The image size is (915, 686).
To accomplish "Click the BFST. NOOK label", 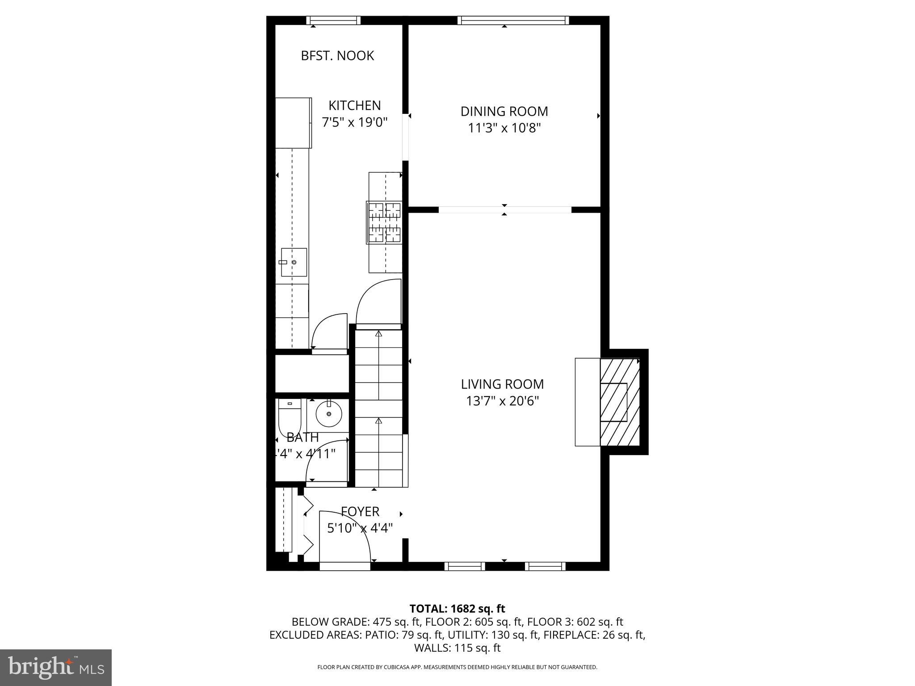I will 337,56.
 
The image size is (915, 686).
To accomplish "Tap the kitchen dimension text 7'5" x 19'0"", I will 355,122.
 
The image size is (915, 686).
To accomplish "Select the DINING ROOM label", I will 504,111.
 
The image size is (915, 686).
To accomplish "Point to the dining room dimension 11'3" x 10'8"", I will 504,128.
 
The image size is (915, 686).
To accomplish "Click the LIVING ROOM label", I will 502,384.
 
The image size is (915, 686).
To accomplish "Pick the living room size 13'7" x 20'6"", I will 502,401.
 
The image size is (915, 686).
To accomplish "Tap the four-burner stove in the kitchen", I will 384,222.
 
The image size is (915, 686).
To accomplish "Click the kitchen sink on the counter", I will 294,262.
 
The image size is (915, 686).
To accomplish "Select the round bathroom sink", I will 329,414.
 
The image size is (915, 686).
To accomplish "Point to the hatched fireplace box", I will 619,402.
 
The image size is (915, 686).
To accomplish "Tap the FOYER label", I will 360,511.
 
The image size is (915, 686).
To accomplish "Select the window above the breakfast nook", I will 333,21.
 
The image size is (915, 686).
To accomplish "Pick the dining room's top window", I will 513,21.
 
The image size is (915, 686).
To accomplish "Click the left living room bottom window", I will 465,566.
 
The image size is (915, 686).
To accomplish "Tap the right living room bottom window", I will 545,566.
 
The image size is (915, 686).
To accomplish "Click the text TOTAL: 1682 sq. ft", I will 457,609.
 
